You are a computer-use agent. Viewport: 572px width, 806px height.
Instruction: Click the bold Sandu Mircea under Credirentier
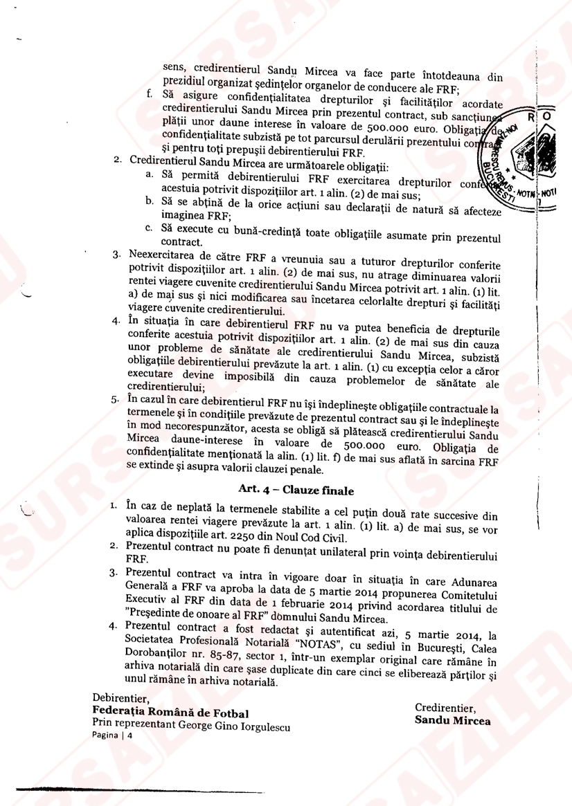tap(452, 720)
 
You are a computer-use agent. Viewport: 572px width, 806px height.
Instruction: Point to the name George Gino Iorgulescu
tap(235, 726)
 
